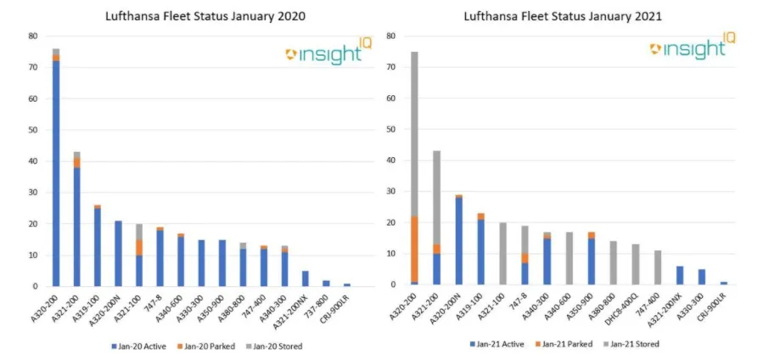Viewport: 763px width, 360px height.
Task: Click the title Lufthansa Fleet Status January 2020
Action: pos(205,16)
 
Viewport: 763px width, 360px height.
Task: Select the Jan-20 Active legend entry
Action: pos(143,346)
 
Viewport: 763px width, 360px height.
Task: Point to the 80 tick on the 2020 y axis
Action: pos(33,37)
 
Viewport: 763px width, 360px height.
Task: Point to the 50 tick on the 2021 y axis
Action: pos(391,130)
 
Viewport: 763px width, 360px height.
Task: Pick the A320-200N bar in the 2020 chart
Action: pos(118,253)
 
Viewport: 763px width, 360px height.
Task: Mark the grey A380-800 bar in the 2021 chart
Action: pos(611,264)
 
